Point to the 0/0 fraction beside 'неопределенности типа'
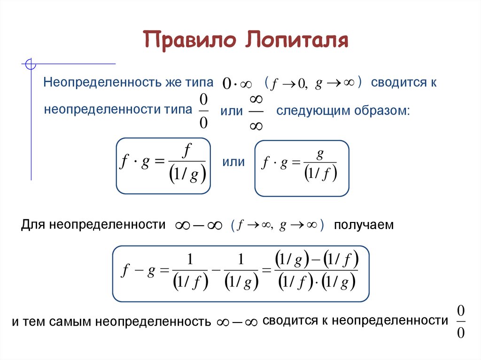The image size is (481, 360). click(x=203, y=111)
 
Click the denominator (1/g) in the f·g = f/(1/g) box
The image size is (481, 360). click(x=187, y=176)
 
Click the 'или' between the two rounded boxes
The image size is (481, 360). click(x=233, y=162)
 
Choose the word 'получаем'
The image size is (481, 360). click(x=363, y=225)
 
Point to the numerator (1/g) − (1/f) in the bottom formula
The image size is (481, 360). click(x=317, y=260)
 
